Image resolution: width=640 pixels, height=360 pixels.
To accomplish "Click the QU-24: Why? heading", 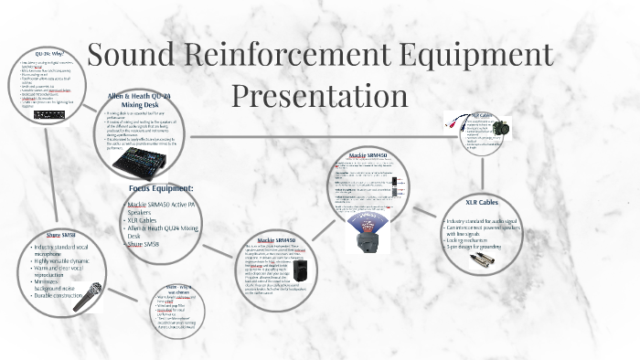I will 48,54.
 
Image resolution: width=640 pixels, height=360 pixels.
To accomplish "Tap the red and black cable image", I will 455,118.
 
